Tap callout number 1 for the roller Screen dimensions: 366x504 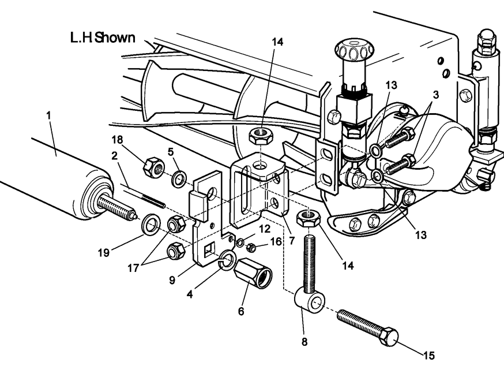[49, 116]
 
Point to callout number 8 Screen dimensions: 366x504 [304, 341]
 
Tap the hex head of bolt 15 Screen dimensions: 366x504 [390, 336]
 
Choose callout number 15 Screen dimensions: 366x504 [428, 356]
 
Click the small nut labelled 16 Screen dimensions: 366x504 [251, 248]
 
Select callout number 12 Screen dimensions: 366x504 [264, 229]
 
